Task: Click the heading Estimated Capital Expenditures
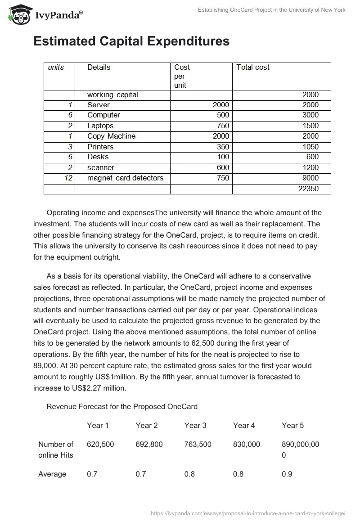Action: (131, 41)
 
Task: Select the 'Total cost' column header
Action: (253, 67)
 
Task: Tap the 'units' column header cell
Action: (56, 67)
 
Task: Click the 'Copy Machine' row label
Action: (111, 136)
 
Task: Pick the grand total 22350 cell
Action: (308, 189)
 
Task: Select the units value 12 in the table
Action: (68, 178)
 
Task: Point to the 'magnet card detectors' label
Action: (125, 178)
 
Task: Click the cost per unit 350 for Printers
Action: (223, 147)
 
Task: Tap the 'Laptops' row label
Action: (100, 126)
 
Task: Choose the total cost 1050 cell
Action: (309, 147)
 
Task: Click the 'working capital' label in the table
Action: (112, 94)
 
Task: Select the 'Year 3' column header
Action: (195, 425)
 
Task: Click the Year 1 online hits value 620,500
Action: (100, 444)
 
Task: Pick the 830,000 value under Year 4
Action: (247, 444)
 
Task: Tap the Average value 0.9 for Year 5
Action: (287, 474)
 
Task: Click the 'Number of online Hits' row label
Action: (56, 450)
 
